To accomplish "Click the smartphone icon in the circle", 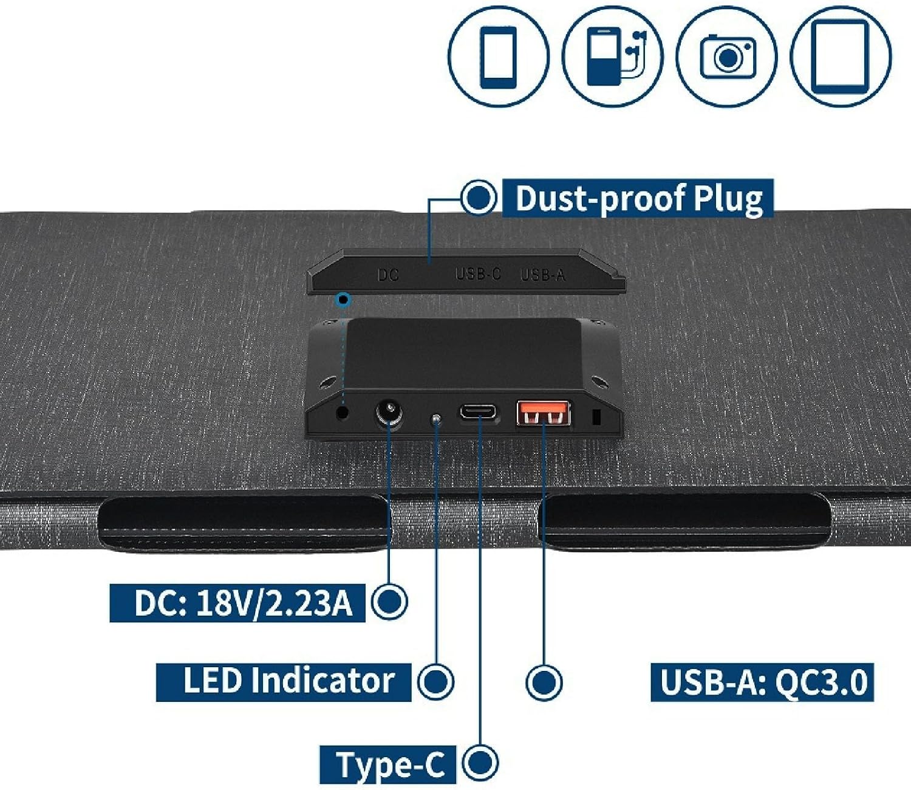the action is [x=498, y=56].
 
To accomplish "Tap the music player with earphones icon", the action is [x=612, y=56].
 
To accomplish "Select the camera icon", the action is [x=727, y=57].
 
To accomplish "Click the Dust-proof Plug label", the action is [x=638, y=198].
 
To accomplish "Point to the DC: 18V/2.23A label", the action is [x=237, y=603].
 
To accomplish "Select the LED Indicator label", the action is [x=284, y=681].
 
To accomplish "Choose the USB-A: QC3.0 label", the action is [x=762, y=682].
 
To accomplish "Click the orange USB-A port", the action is [x=543, y=413].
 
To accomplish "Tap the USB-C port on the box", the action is [x=477, y=411].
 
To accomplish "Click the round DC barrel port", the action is [x=388, y=414].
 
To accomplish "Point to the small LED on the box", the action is [x=435, y=419].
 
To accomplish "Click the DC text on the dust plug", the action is [x=388, y=275].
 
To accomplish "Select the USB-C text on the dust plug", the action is [x=478, y=274].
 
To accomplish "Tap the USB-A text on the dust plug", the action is [x=543, y=275].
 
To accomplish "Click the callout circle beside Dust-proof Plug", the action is [x=479, y=197].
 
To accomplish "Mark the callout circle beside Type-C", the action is [x=480, y=762].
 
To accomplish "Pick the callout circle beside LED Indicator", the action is [x=435, y=681].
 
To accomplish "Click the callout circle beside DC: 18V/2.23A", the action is [x=389, y=602].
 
